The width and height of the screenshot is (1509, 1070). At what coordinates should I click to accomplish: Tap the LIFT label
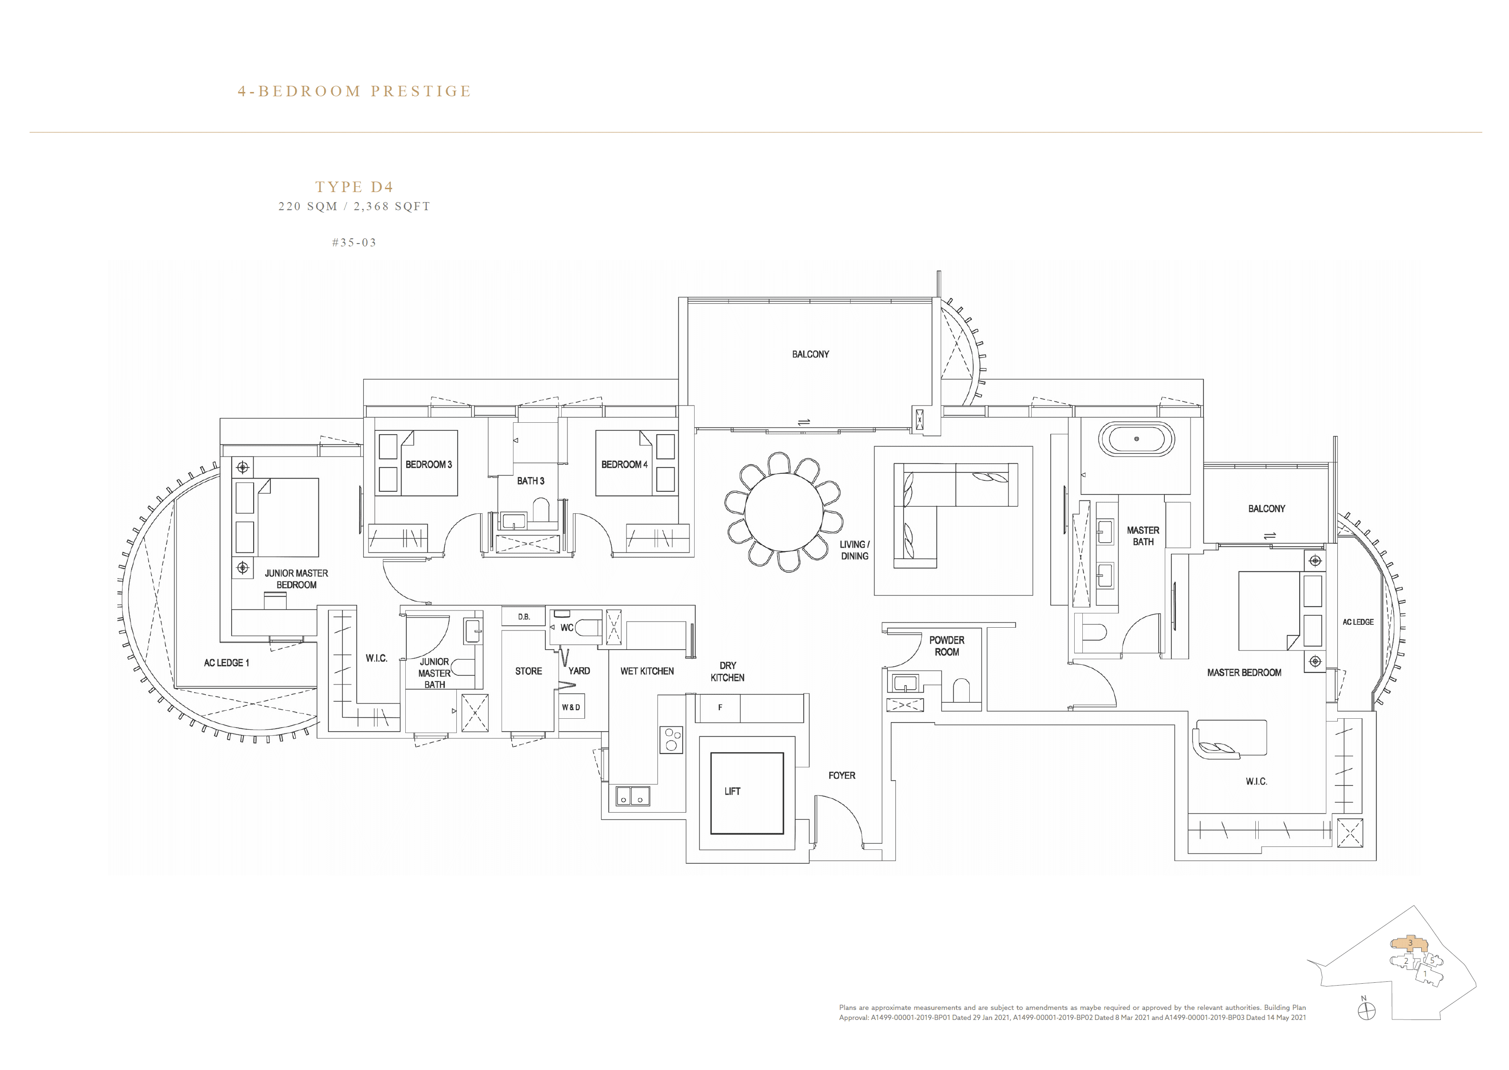point(732,791)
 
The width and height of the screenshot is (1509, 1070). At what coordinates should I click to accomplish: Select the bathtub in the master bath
point(1136,439)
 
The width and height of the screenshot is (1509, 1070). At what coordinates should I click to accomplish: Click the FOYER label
point(842,775)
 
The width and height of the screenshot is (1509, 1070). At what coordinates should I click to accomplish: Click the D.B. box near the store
point(523,617)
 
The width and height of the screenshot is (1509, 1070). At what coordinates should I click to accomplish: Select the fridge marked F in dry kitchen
point(719,708)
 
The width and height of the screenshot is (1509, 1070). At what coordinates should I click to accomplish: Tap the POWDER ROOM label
point(946,646)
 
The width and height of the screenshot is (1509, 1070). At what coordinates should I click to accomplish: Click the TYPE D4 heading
point(354,187)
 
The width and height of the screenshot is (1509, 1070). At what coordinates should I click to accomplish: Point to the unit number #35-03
point(354,243)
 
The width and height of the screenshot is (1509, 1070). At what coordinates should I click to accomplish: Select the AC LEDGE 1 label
point(226,663)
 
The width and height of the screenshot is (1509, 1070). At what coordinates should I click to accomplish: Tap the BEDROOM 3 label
point(428,465)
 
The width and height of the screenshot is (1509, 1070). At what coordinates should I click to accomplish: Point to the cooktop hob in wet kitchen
point(671,739)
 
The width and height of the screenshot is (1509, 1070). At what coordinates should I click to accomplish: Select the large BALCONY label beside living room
point(810,355)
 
